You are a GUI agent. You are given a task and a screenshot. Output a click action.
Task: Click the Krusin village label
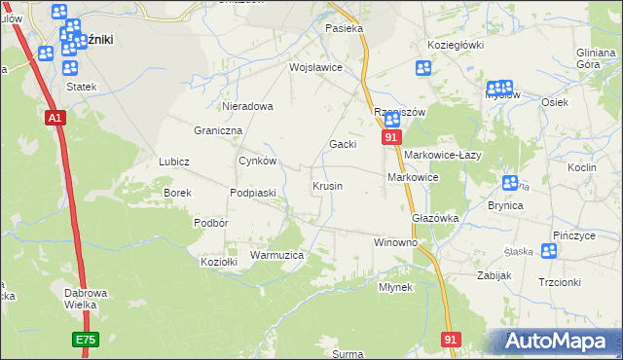point(327,186)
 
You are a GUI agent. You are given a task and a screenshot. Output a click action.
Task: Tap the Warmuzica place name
point(277,255)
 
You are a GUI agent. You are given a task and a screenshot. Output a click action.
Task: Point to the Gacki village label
point(342,144)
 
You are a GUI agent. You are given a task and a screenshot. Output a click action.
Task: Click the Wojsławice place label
point(315,67)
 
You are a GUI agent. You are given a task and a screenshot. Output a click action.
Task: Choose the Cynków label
point(258,162)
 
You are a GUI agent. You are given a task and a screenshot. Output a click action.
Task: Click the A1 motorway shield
point(55,118)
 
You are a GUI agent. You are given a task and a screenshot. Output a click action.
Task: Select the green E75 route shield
point(85,340)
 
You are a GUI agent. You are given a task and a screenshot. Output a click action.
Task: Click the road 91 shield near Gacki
point(390,139)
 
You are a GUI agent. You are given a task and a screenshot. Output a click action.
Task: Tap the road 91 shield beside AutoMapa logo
point(450,339)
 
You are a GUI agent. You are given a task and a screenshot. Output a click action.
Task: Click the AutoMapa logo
point(556,341)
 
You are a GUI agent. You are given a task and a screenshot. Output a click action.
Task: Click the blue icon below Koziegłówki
point(423,68)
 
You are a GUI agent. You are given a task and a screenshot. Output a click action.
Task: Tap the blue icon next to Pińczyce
point(549,250)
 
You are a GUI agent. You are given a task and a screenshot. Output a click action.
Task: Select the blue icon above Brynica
point(510,183)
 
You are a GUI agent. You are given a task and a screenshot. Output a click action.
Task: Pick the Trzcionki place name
point(559,282)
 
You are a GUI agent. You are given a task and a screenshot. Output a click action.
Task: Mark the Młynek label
point(396,288)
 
